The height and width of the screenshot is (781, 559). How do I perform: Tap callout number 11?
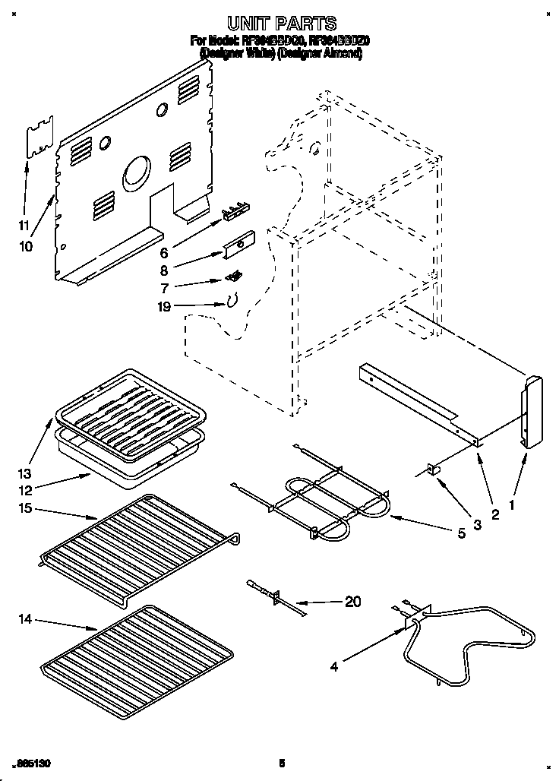coord(23,225)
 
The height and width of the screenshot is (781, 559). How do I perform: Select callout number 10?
coord(26,246)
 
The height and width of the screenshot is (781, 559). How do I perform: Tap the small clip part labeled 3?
coord(436,470)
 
